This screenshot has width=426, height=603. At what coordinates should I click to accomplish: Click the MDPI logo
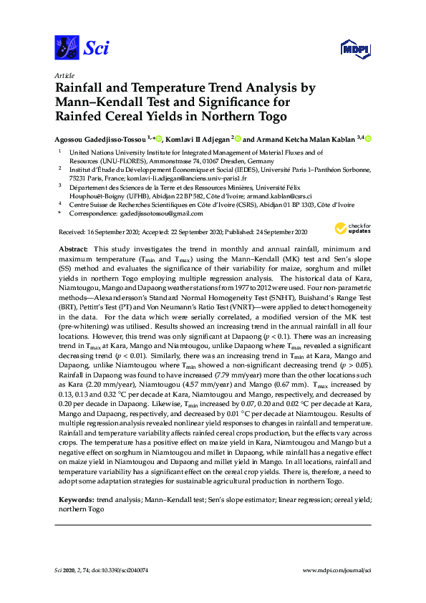pos(352,49)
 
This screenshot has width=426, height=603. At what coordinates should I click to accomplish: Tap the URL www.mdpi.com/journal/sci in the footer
pos(338,570)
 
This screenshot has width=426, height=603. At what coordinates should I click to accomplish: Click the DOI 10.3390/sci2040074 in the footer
pos(124,570)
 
